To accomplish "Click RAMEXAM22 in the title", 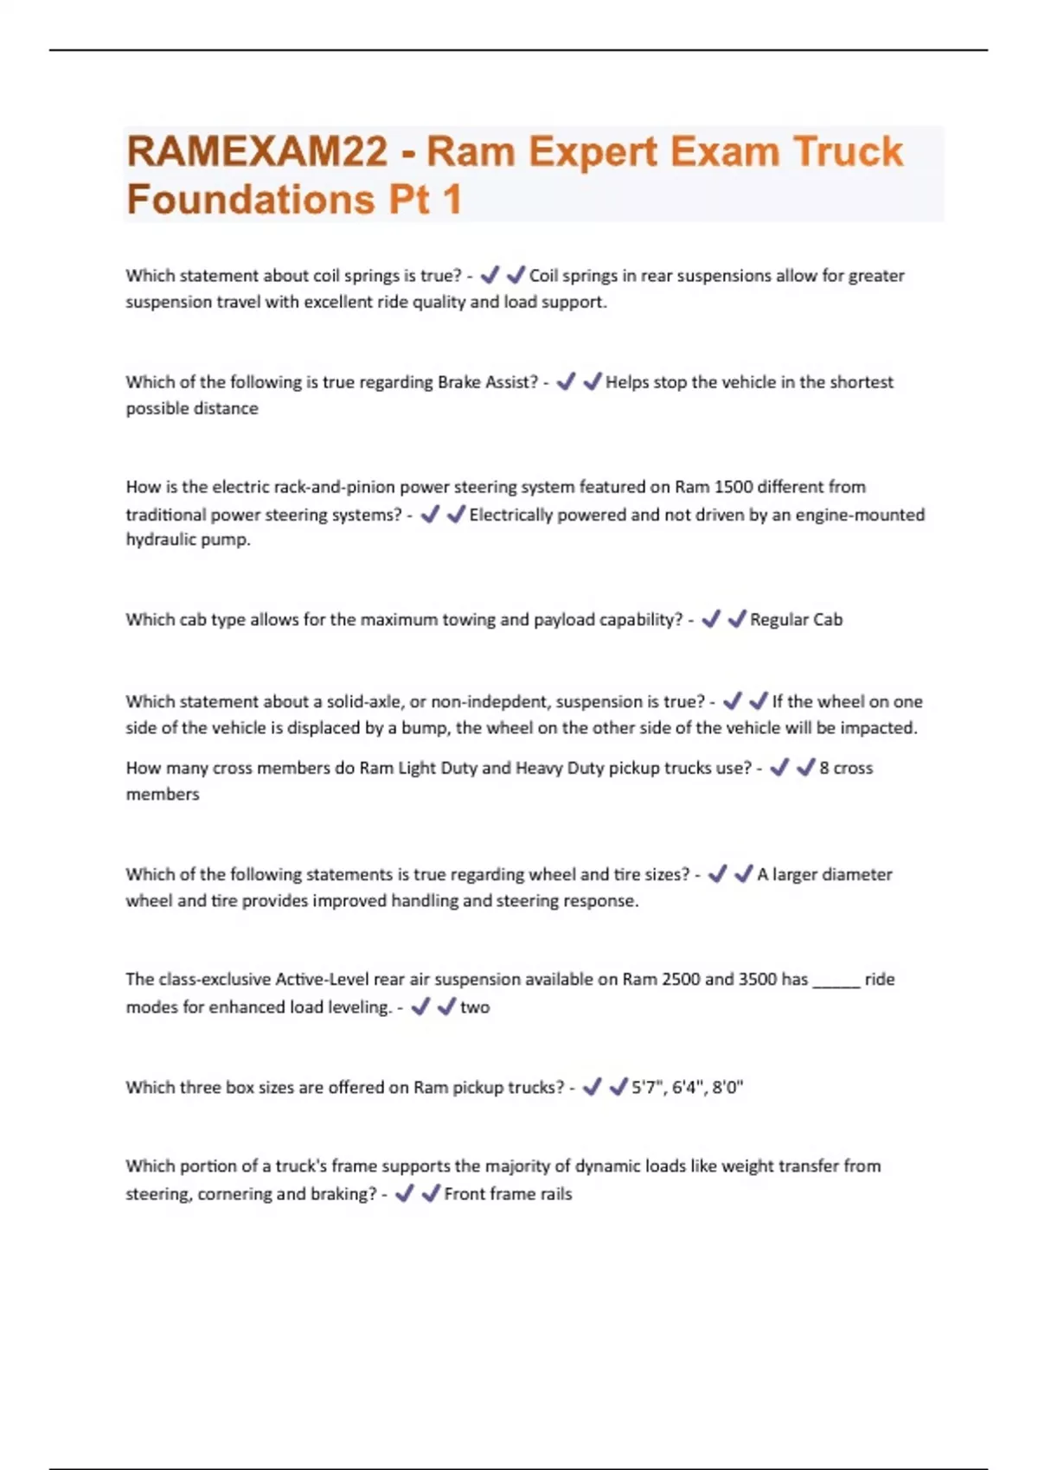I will (x=257, y=152).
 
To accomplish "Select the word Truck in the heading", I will (x=848, y=152).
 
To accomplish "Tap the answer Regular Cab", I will (x=796, y=620).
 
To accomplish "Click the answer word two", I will (x=475, y=1007).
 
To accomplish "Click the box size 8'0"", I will (x=727, y=1088).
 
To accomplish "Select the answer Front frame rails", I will (x=508, y=1194).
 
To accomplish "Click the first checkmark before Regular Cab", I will (x=711, y=619).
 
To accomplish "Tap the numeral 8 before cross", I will (x=824, y=768).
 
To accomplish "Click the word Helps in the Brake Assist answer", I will (x=626, y=382).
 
